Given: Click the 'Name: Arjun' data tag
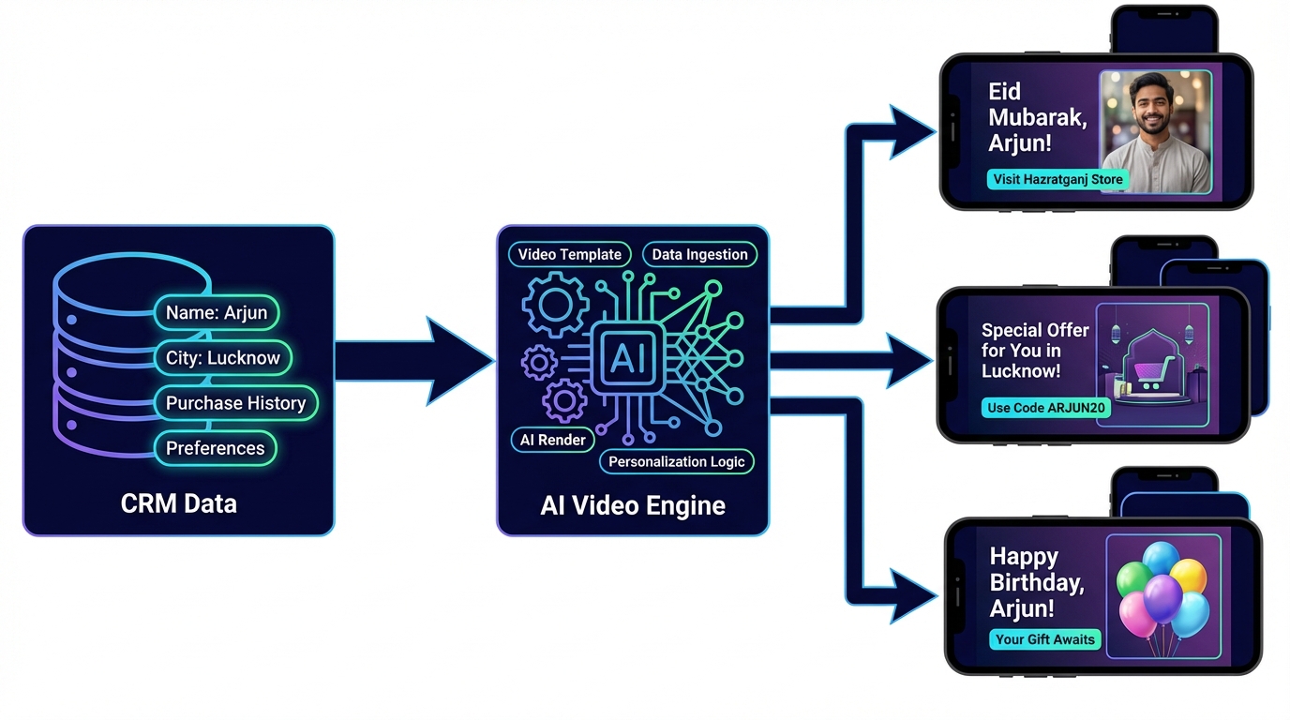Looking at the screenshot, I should pos(217,313).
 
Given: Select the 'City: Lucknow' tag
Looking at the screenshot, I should pos(223,358).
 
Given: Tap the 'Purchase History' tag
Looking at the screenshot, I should pos(235,403).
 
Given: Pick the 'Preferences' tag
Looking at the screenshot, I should pos(216,448).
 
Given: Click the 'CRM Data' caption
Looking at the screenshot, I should pos(179,503).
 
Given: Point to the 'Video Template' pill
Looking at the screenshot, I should pos(570,254).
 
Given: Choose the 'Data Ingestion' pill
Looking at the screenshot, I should pos(699,254).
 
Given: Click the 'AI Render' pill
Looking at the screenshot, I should pos(553,440).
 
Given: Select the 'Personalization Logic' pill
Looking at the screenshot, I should pos(676,461).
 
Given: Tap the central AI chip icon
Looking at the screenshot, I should pos(627,359).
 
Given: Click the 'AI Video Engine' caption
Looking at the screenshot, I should pos(633,506).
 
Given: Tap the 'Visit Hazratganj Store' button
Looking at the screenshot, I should pos(1057,179).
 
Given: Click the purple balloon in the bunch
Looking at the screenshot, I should pos(1162,597).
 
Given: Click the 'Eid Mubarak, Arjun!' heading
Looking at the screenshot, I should pos(1037,117).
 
